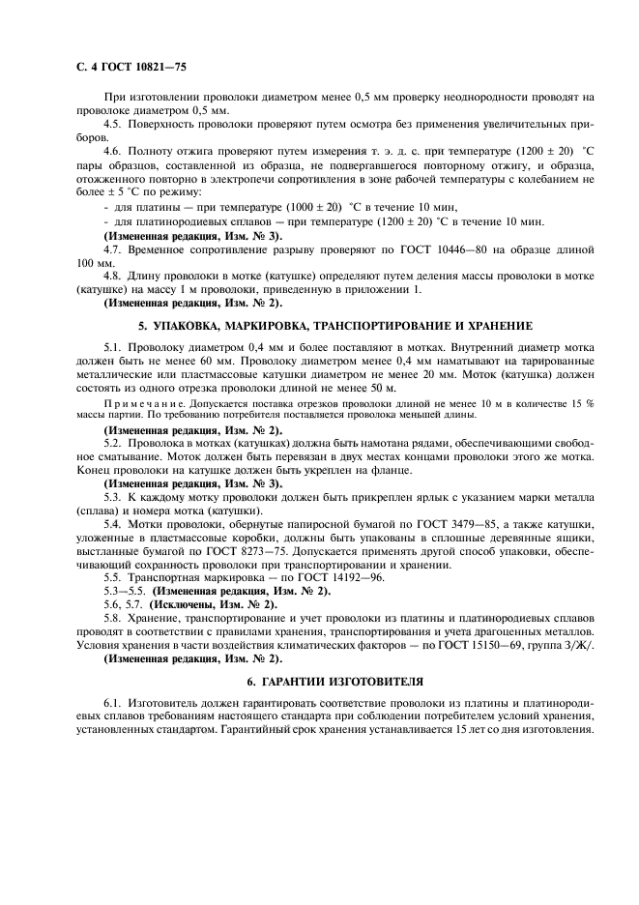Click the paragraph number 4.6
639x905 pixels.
114,150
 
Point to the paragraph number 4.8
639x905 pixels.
114,275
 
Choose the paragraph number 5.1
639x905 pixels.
114,344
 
